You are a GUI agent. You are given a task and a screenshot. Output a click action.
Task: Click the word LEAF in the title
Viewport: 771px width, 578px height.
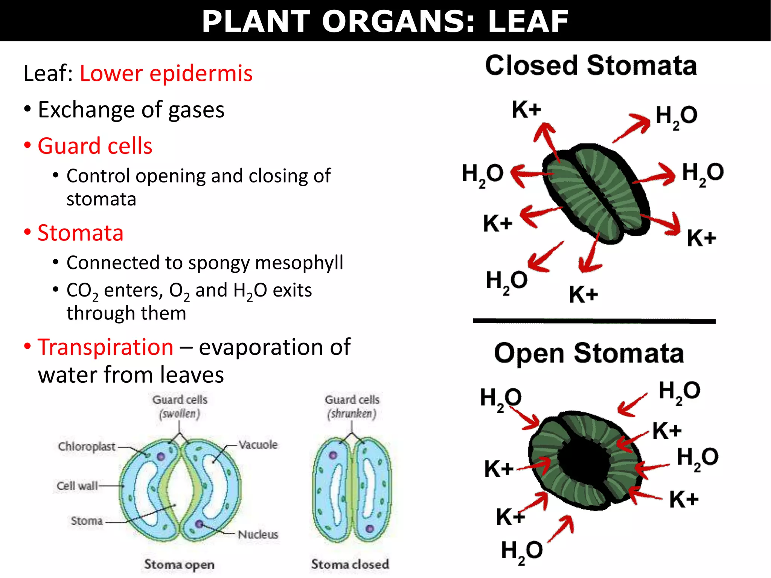click(x=528, y=21)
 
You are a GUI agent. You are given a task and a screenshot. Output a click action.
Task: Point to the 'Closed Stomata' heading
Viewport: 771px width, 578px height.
click(x=591, y=65)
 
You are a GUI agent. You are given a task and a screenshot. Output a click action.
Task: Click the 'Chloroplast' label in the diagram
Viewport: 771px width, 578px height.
click(x=87, y=446)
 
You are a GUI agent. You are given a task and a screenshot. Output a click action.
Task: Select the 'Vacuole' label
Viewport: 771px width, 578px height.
click(x=258, y=445)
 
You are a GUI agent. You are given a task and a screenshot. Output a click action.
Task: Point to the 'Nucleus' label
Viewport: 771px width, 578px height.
click(x=258, y=534)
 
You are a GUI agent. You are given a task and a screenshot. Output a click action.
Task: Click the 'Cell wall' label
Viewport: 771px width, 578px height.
click(x=77, y=486)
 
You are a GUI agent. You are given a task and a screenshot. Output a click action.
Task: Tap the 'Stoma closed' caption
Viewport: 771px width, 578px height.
click(x=350, y=564)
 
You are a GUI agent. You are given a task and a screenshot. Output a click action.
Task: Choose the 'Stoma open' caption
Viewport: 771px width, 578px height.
click(x=179, y=564)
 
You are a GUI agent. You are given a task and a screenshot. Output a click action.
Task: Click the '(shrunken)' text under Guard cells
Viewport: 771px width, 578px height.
click(x=352, y=414)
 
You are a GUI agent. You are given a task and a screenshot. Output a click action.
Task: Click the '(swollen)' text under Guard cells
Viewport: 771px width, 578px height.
click(x=180, y=414)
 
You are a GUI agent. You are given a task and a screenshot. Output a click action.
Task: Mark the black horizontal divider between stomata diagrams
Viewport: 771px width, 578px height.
click(x=594, y=321)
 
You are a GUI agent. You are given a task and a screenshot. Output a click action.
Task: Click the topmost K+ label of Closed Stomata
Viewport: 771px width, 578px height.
click(x=526, y=110)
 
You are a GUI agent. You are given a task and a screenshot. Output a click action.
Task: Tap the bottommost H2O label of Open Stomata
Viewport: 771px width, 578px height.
click(x=522, y=551)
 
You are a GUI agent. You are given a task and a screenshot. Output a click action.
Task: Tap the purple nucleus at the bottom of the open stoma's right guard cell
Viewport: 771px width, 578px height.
click(x=199, y=524)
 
